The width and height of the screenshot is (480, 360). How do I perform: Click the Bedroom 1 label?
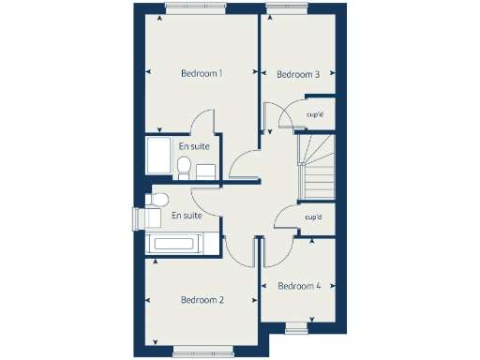(x=202, y=73)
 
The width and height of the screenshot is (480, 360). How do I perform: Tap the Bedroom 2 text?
(x=202, y=300)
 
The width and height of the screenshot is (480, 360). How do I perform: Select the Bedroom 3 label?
(x=299, y=75)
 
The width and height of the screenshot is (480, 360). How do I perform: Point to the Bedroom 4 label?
(x=299, y=285)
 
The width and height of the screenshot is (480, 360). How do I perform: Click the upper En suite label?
(x=194, y=146)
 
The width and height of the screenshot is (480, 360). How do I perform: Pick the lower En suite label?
(x=187, y=216)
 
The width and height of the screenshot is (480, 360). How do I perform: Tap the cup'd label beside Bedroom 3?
(x=316, y=116)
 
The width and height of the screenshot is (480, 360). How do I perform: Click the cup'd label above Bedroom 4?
(x=313, y=217)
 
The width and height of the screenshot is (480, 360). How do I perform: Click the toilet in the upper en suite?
(x=185, y=168)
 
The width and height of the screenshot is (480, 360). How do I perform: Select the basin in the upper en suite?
(x=205, y=170)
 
